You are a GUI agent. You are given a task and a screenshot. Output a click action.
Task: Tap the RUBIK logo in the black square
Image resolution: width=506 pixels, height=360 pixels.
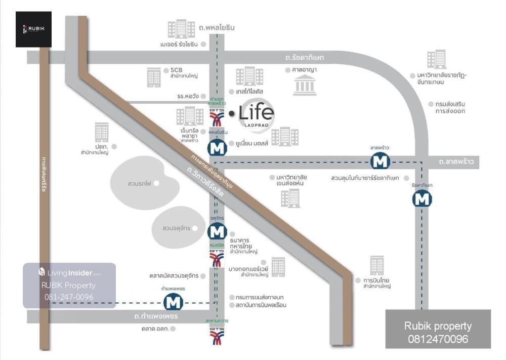[33, 29]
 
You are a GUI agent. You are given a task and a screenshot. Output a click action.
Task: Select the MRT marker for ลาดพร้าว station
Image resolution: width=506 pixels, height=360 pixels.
[379, 161]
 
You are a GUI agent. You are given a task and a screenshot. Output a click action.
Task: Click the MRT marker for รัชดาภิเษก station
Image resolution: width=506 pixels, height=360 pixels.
[422, 199]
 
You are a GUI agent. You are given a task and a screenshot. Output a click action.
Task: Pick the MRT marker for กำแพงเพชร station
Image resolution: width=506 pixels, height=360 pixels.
[173, 302]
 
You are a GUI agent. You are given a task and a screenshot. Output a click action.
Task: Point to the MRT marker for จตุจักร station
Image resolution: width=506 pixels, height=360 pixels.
[217, 231]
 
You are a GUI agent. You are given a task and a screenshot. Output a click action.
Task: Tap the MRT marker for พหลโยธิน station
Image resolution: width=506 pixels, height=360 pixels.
[217, 148]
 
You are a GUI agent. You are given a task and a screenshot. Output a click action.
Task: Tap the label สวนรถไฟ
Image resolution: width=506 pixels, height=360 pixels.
[140, 183]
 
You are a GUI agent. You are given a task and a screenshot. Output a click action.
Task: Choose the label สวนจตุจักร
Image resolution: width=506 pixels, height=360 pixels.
[176, 228]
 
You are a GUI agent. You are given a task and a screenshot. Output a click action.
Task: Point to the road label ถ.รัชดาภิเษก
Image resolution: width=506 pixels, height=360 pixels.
[304, 58]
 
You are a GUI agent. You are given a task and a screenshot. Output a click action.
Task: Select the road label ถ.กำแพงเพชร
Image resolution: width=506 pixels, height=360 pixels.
[156, 316]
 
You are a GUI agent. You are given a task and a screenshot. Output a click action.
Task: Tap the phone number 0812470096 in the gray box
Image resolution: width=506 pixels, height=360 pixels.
[438, 339]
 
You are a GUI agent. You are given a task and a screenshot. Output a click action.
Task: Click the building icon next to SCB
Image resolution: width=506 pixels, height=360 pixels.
[154, 76]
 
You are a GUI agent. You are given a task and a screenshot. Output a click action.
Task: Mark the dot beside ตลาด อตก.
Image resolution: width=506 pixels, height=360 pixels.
[173, 329]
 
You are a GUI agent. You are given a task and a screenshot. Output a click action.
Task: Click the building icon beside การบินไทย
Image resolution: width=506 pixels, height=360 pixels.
[377, 265]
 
